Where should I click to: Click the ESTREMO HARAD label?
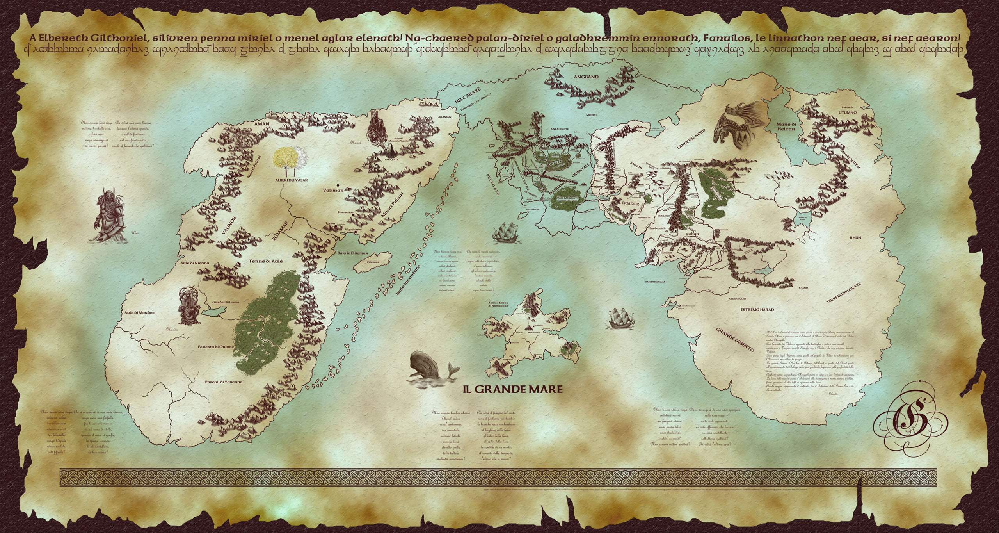pos(757,310)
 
